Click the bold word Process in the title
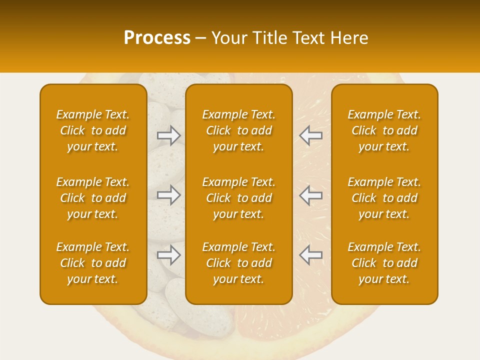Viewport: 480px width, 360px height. (157, 38)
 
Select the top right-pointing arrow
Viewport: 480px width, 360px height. (169, 135)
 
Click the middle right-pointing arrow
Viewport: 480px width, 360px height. (169, 195)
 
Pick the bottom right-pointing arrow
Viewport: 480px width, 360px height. (169, 255)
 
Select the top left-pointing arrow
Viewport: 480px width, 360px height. (310, 135)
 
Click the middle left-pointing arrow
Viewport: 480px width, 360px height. (310, 195)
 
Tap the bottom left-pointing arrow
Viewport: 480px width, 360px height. (310, 255)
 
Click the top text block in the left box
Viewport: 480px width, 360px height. (93, 130)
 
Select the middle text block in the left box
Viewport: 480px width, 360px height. (93, 198)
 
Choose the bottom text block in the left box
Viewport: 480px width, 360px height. (93, 263)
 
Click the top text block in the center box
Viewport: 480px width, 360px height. (239, 130)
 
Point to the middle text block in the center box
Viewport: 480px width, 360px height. (239, 198)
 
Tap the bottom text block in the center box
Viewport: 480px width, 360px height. (239, 263)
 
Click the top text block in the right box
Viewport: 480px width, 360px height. (384, 130)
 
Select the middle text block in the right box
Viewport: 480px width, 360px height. (384, 198)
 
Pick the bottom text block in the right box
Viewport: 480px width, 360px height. (384, 263)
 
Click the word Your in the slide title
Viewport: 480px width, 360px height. (229, 38)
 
